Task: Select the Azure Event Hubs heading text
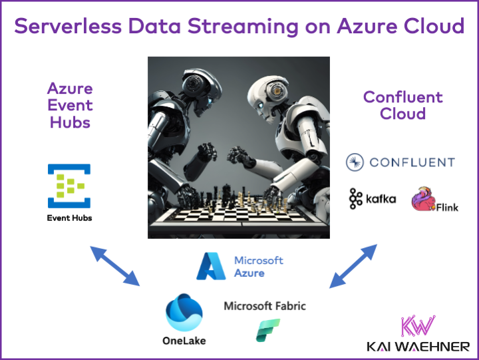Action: (69, 105)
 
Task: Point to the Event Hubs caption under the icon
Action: (69, 218)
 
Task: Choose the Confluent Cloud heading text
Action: (402, 105)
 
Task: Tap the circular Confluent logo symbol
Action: (355, 162)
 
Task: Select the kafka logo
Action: (373, 198)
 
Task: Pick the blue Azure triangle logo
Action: (212, 266)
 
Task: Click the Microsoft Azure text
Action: (258, 266)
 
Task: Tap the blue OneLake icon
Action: (184, 312)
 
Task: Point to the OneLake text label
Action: (184, 341)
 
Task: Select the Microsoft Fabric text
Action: (265, 306)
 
